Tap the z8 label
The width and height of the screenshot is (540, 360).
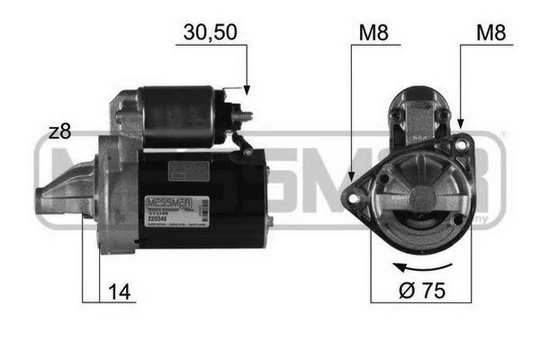pos(59,131)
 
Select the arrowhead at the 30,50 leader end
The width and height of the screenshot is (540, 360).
pos(244,90)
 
